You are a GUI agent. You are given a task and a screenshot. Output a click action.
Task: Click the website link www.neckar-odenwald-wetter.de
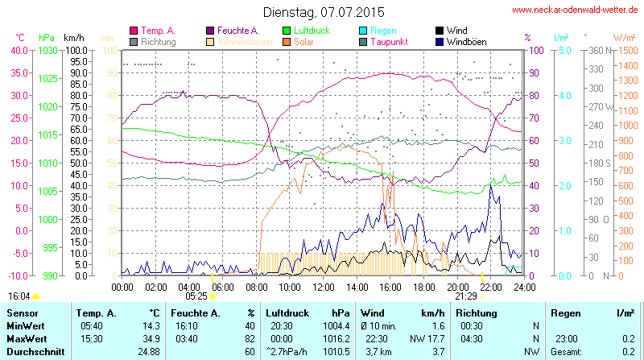[576, 10]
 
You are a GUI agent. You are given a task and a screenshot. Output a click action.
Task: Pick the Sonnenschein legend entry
[245, 41]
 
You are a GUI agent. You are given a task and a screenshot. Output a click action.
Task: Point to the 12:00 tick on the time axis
[323, 287]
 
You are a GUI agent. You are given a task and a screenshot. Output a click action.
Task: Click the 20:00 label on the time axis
[457, 287]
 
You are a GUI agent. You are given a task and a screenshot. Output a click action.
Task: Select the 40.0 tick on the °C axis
[18, 50]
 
